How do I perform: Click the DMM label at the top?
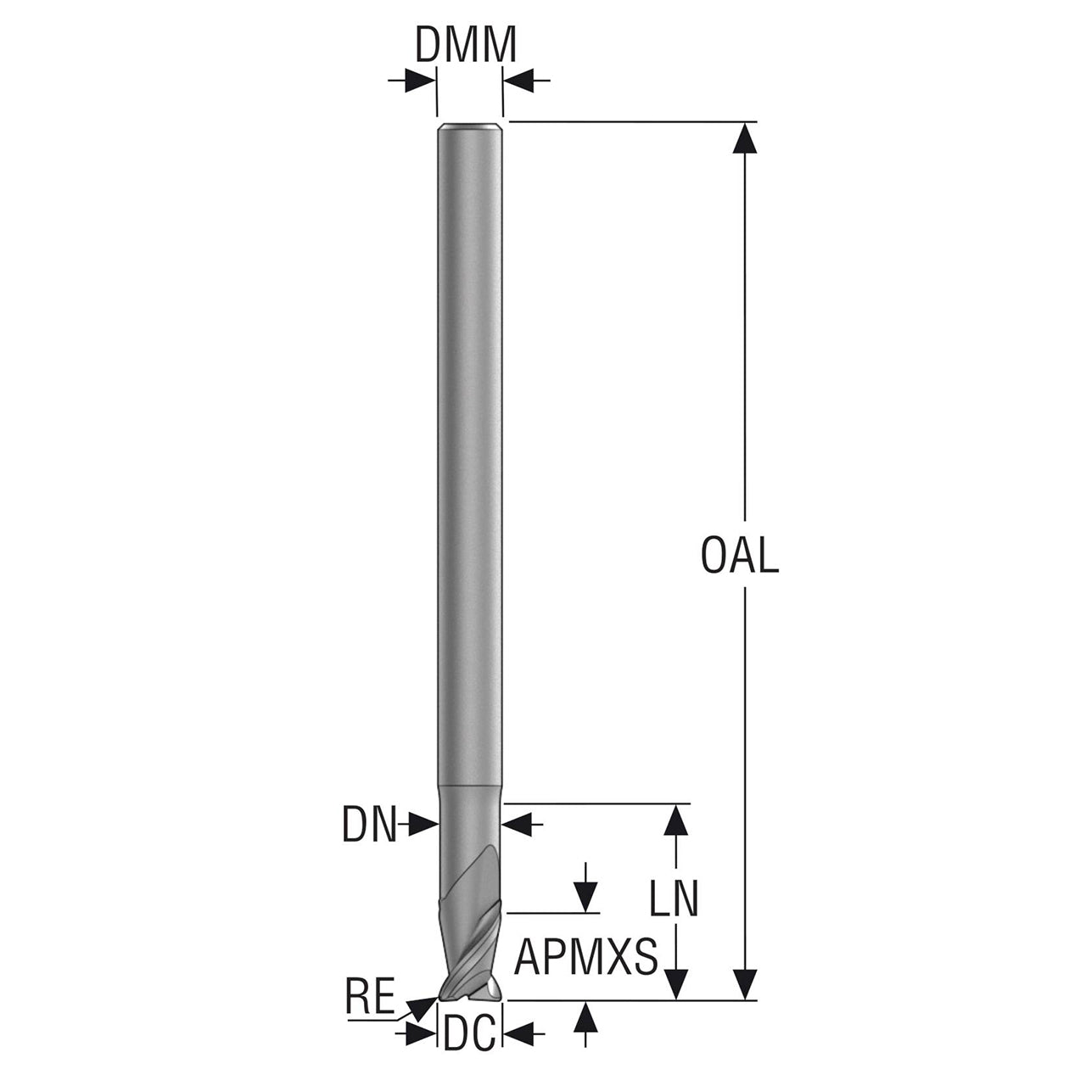pyautogui.click(x=466, y=45)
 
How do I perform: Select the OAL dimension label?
pyautogui.click(x=740, y=555)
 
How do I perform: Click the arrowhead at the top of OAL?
pyautogui.click(x=745, y=138)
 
